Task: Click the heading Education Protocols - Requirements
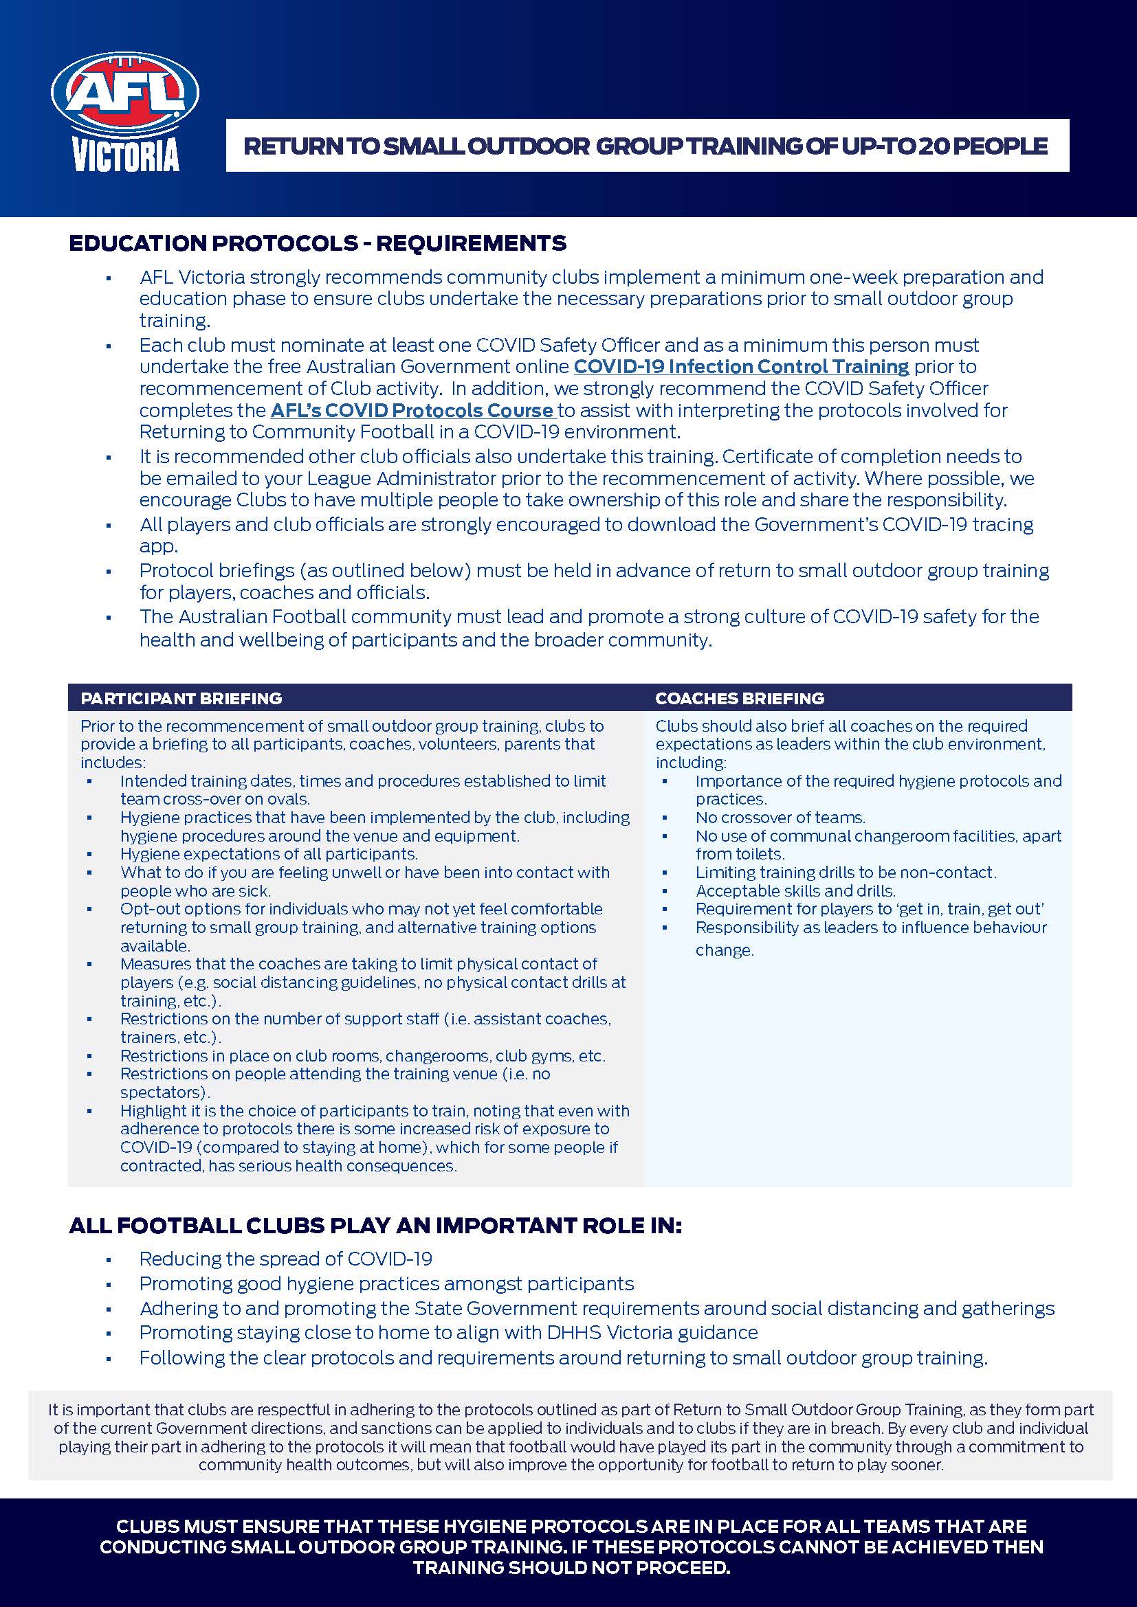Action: click(317, 244)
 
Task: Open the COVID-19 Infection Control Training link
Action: click(741, 367)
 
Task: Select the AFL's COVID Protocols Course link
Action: click(412, 410)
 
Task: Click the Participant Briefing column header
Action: click(181, 699)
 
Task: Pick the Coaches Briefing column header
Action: click(740, 699)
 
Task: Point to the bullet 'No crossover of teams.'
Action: click(780, 818)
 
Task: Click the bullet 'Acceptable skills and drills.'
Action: click(795, 891)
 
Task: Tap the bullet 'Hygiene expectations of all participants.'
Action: click(269, 854)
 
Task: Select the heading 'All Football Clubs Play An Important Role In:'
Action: click(375, 1226)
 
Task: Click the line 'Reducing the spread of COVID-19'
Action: click(286, 1259)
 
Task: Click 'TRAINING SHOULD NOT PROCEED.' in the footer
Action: click(571, 1568)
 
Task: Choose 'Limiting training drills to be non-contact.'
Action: click(846, 873)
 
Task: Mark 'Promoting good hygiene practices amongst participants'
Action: click(386, 1283)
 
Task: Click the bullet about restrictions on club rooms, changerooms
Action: click(363, 1056)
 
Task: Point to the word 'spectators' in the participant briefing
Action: click(164, 1092)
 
